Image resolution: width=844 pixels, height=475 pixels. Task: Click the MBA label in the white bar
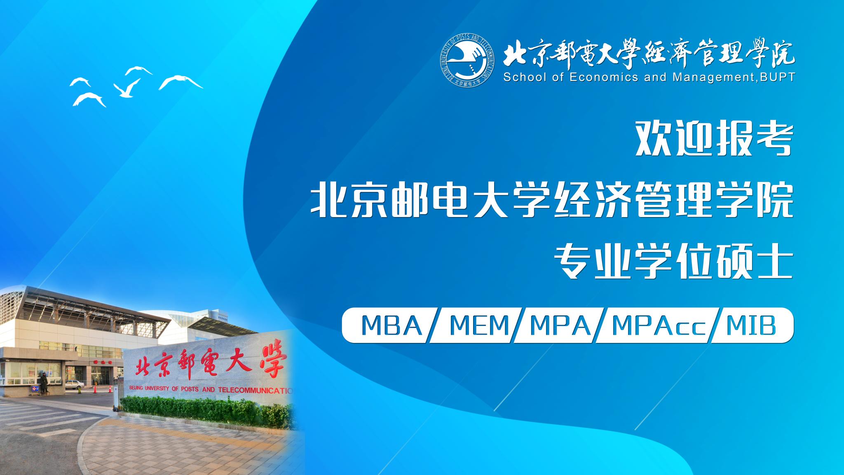coord(392,325)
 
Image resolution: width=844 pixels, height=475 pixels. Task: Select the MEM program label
coord(480,325)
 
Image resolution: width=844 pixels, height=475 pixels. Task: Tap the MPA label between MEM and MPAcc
coord(560,325)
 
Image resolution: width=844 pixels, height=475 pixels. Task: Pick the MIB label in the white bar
coord(751,325)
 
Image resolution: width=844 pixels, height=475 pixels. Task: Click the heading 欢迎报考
coord(714,139)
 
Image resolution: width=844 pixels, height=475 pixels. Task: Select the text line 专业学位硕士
coord(674,262)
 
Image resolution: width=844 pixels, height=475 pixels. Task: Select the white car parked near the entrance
coord(75,385)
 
